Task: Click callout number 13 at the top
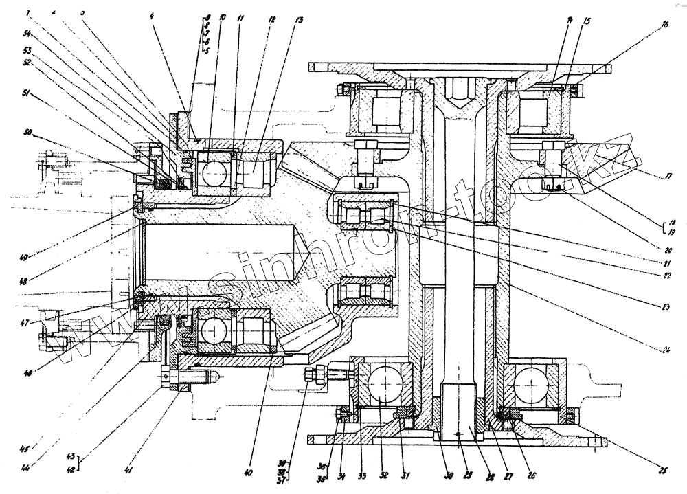coord(297,20)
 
